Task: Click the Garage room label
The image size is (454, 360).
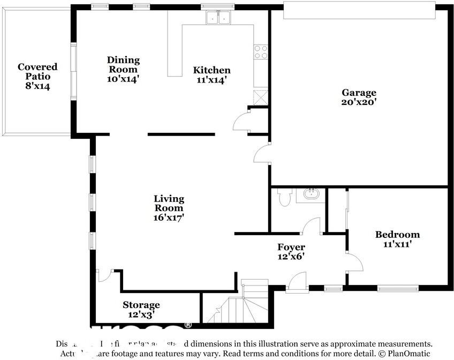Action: (x=359, y=93)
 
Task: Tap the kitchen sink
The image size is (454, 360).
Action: (x=218, y=18)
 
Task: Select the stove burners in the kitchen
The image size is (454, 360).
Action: (x=261, y=52)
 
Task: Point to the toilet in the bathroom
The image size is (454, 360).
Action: (x=284, y=197)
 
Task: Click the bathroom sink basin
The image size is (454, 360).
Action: (x=311, y=193)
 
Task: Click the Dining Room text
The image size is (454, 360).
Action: (x=123, y=64)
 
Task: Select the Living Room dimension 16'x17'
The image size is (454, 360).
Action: (x=169, y=217)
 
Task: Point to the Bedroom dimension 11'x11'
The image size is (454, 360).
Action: (x=397, y=244)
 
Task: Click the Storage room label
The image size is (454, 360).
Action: (x=141, y=305)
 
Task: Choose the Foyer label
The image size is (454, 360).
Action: (x=291, y=247)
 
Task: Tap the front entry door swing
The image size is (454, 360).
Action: (x=298, y=282)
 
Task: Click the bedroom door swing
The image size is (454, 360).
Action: (x=354, y=262)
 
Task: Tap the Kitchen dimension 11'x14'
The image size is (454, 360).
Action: (x=211, y=80)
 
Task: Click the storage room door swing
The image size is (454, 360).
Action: (x=104, y=275)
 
